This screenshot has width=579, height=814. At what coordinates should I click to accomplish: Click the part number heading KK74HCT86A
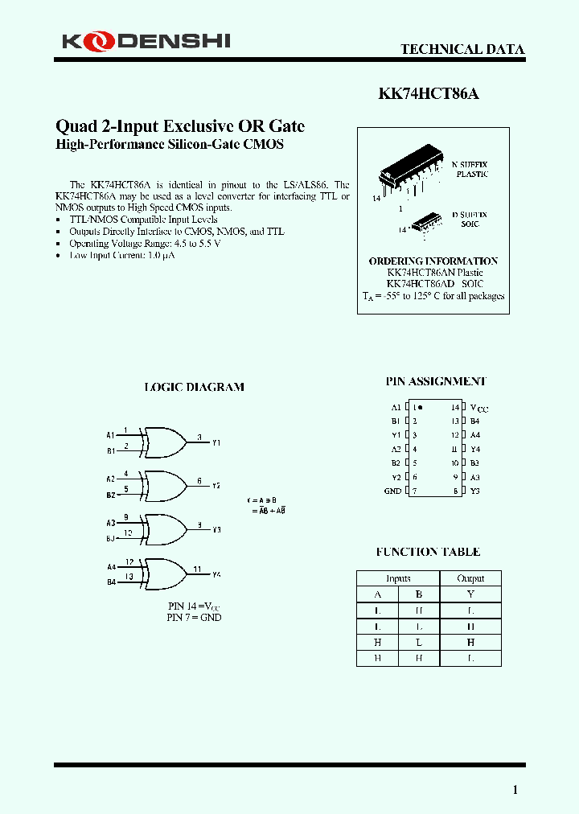(429, 93)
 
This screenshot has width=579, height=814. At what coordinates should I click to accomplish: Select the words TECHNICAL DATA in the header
(462, 49)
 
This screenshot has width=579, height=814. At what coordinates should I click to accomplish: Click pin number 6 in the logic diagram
(199, 481)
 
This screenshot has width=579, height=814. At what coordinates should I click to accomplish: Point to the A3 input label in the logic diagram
(111, 523)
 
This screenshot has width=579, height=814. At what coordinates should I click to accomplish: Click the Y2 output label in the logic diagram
(216, 487)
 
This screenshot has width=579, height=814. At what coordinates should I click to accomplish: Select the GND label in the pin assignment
(392, 491)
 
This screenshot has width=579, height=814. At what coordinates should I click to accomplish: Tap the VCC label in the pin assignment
(478, 408)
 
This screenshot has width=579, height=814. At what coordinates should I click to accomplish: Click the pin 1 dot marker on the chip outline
(421, 408)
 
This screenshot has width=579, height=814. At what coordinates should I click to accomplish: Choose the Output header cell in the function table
(470, 578)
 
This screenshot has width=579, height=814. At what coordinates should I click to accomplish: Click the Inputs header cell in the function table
(398, 578)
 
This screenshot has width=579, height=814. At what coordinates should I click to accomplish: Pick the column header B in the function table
(418, 594)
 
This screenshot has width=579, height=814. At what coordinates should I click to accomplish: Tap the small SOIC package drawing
(425, 220)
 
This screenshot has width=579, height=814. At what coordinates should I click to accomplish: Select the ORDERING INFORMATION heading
(433, 261)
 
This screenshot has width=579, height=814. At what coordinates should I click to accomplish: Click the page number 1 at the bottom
(515, 790)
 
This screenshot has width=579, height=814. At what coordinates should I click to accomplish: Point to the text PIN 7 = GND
(194, 617)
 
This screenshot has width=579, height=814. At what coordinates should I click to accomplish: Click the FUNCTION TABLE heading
(428, 552)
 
